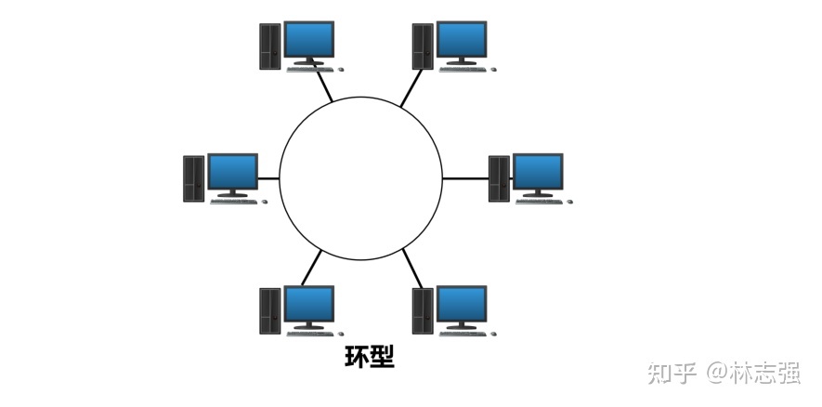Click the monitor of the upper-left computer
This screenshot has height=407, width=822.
(308, 40)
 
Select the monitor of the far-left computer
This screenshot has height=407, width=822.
(232, 172)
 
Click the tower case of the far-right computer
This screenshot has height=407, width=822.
(499, 177)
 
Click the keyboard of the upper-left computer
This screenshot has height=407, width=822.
(311, 69)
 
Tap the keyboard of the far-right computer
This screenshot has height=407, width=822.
(540, 201)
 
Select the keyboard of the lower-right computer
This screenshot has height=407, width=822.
(463, 332)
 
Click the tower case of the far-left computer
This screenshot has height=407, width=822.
(193, 177)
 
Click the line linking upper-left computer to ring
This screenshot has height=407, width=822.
(324, 86)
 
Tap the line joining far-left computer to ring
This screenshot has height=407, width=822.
(268, 177)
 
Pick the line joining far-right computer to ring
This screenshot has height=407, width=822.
(464, 177)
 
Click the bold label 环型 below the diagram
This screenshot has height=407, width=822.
(369, 358)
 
